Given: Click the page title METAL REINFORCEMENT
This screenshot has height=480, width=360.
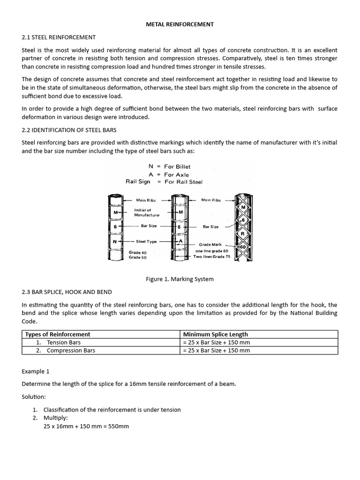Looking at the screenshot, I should (180, 24).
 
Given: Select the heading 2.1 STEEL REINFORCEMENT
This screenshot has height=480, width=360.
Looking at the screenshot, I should (59, 37).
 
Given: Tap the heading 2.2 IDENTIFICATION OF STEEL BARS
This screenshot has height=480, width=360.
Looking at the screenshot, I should (69, 129).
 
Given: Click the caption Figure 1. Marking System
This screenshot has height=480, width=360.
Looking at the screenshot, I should (180, 279).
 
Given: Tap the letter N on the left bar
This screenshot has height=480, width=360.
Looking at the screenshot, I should (115, 242).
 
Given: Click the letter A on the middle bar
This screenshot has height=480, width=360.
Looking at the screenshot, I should (180, 240).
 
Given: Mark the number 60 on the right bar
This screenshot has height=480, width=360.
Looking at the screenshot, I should (243, 247).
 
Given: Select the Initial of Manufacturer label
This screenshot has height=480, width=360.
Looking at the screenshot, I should (147, 212).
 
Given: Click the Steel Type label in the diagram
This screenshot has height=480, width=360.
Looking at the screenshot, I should (146, 241).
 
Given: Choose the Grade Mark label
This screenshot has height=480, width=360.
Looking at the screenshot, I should (209, 244).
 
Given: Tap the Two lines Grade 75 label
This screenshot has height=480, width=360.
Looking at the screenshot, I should (212, 257).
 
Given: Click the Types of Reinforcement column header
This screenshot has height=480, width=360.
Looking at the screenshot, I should (58, 334).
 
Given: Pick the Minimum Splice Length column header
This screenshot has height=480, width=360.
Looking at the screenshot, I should (216, 334).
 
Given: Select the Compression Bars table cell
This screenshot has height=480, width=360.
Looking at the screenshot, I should (71, 350).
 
